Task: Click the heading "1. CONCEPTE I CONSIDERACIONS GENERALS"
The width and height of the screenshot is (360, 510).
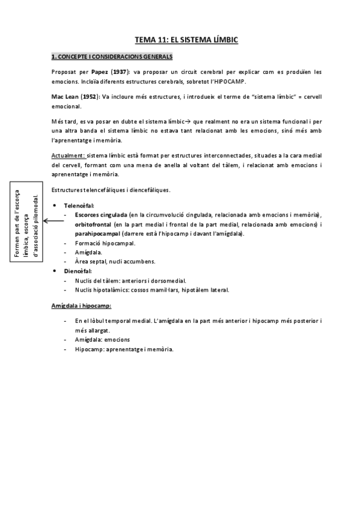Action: [x=112, y=58]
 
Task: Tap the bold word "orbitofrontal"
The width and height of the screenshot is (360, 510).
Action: [x=93, y=224]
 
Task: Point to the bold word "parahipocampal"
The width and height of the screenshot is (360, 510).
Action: [x=97, y=233]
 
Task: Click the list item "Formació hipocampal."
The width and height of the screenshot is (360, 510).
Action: [x=105, y=243]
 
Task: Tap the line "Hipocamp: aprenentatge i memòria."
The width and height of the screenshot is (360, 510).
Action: [x=124, y=349]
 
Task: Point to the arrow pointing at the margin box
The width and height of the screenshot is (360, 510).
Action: [x=53, y=221]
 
